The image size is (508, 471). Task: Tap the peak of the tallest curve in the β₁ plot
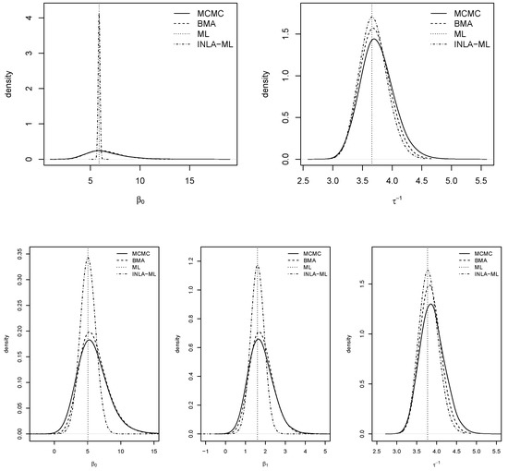tap(258, 268)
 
